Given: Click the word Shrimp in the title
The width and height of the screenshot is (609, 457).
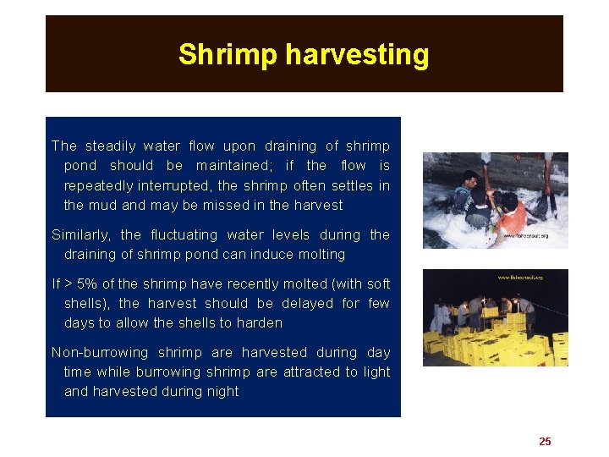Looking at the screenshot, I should pos(228,55).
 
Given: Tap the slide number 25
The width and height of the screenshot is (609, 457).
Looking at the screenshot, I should pos(545,441).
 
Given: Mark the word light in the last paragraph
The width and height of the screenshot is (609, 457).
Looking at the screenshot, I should pos(376,372).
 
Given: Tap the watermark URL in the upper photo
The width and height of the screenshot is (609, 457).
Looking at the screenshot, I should pos(525,236).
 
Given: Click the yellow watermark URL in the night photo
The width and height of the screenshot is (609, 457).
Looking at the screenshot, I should pos(520,277).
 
